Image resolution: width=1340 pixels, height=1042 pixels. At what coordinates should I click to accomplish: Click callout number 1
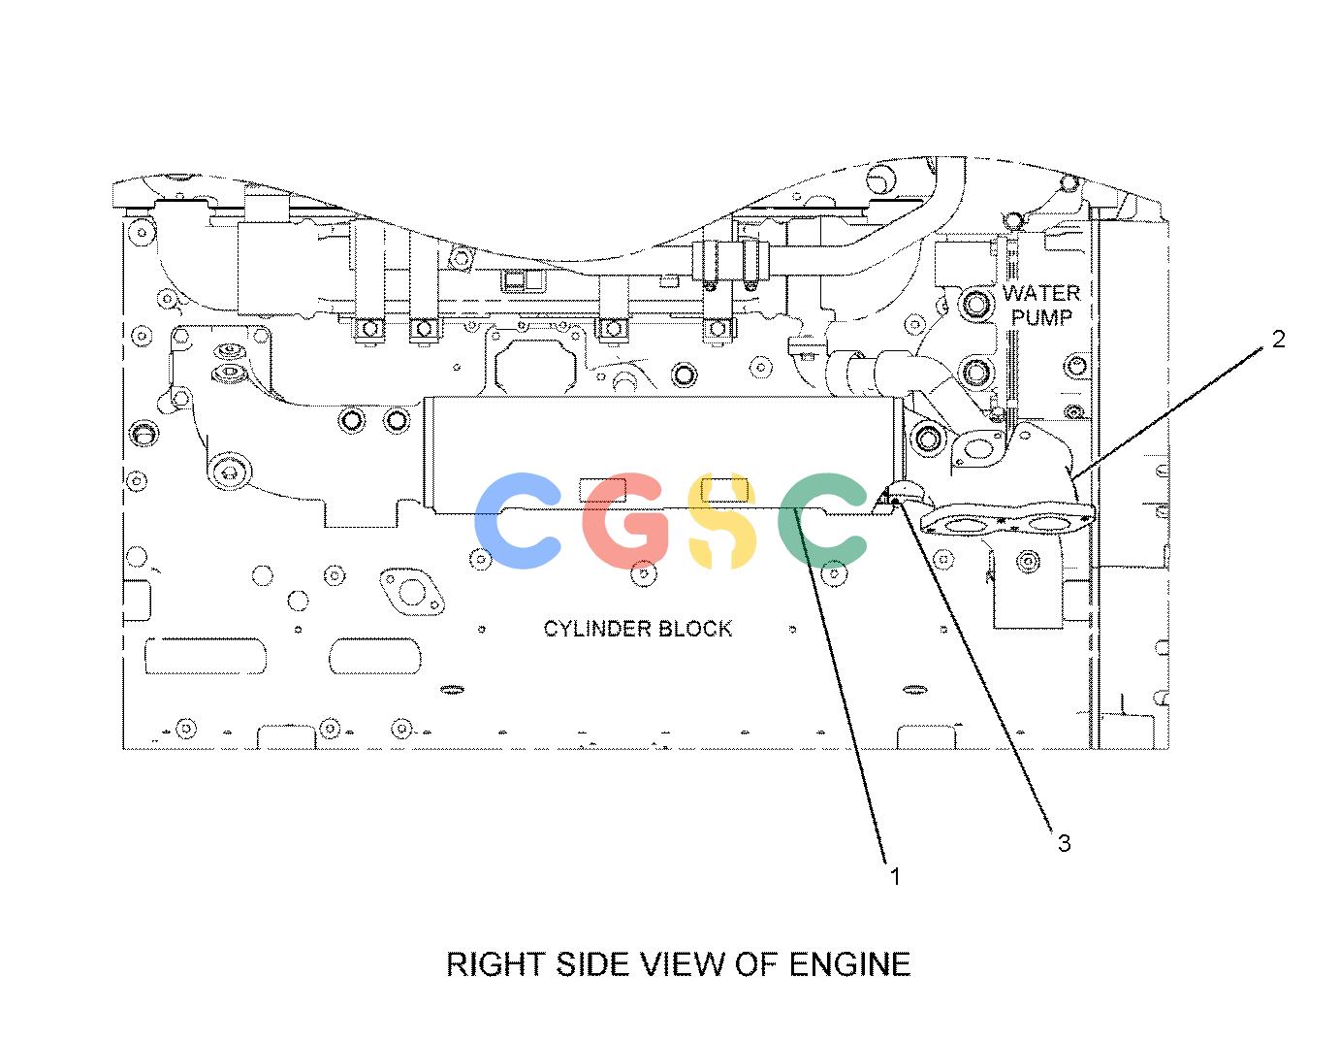click(x=895, y=877)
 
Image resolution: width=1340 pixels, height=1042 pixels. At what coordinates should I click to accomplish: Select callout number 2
click(x=1278, y=339)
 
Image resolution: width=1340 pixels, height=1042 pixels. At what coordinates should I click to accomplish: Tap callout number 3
click(x=1064, y=843)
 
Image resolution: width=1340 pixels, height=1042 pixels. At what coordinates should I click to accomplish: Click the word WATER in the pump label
click(x=1041, y=293)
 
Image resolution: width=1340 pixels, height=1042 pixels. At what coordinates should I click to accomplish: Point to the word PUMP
click(x=1041, y=317)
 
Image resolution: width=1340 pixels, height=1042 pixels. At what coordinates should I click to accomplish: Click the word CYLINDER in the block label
click(x=596, y=629)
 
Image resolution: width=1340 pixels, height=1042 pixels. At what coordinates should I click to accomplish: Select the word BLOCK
click(x=695, y=629)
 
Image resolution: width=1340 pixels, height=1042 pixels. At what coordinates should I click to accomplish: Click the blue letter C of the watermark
click(x=518, y=520)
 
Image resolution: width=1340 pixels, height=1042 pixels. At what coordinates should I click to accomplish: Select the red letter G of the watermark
click(x=626, y=520)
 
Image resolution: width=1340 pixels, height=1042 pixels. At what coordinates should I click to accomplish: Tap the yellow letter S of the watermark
click(x=721, y=520)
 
